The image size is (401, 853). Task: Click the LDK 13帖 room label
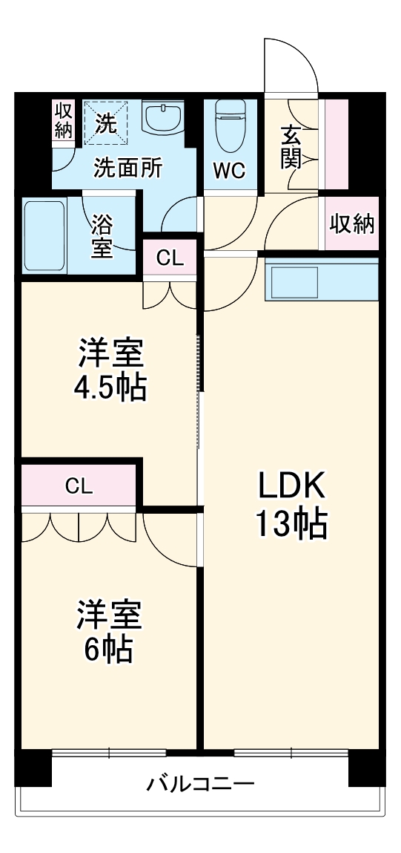pos(291,505)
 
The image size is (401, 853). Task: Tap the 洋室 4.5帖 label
pos(111,370)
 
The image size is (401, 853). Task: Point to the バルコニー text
pos(200,784)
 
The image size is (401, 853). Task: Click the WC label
pos(229,170)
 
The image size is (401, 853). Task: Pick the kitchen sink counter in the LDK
pos(321,280)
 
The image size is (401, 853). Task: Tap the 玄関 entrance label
pos(291,148)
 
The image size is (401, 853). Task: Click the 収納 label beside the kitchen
pos(352,223)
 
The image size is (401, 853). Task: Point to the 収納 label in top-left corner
pos(64,120)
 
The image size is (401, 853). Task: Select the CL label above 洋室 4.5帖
pos(170,258)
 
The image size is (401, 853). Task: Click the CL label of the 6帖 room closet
pos(79,486)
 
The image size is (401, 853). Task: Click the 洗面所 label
pos(127,168)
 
